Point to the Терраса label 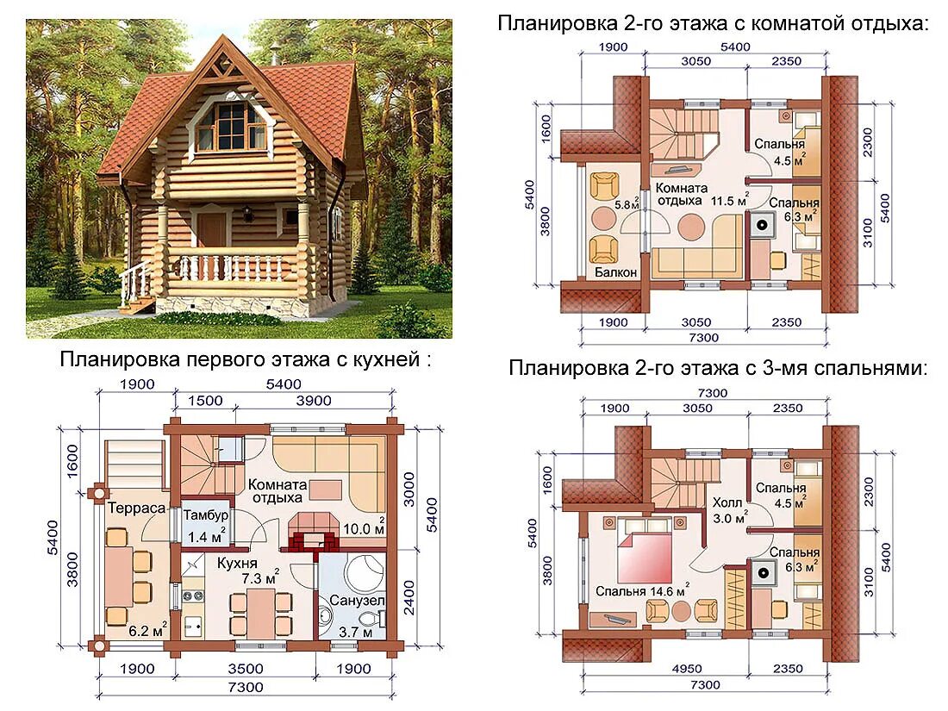[x=135, y=508]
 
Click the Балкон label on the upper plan [x=615, y=272]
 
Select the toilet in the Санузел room [x=368, y=619]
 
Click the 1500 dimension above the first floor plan [x=204, y=401]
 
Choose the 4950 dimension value [x=664, y=668]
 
